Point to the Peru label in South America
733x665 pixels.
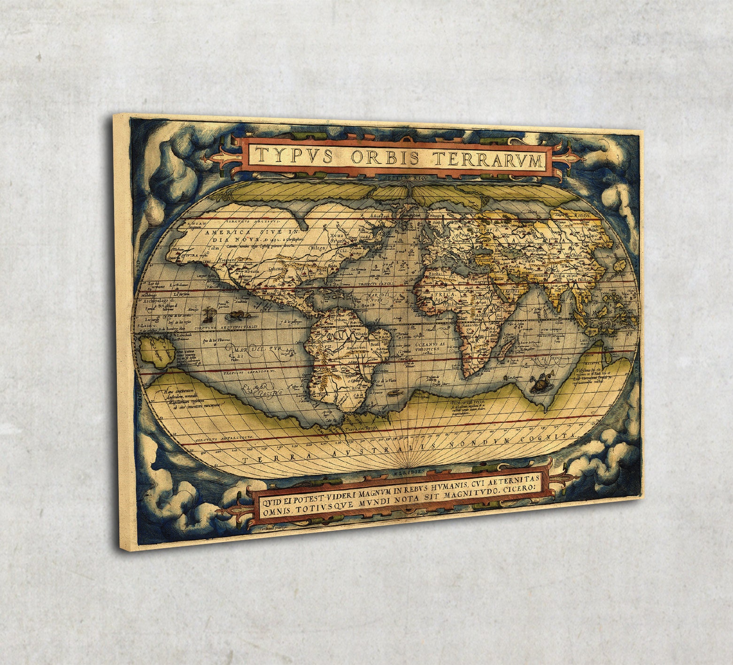317,345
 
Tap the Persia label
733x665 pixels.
519,266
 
